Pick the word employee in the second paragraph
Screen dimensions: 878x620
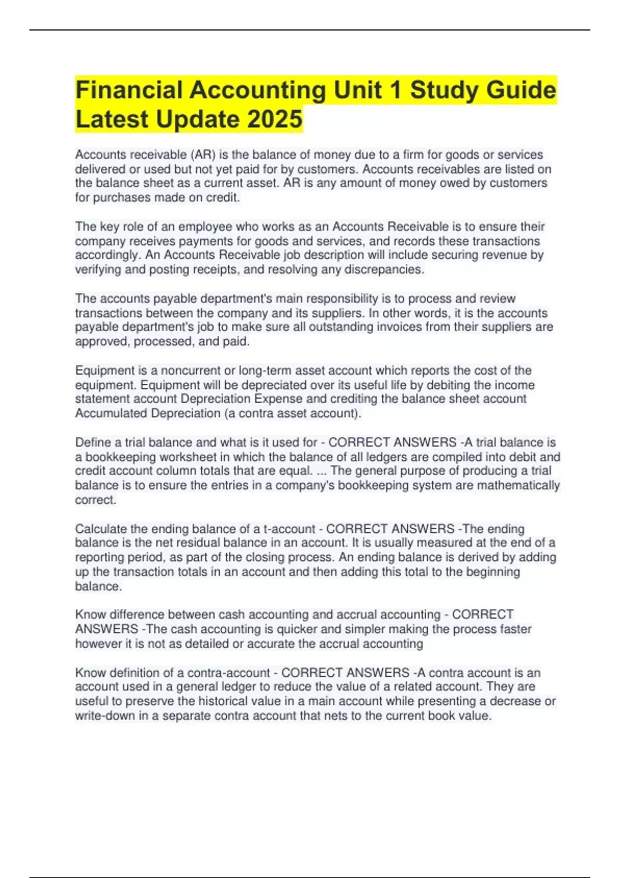pos(205,226)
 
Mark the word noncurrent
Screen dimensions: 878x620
pos(192,370)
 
